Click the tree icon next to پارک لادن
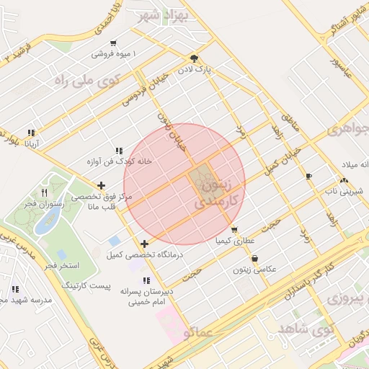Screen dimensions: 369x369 click(193, 58)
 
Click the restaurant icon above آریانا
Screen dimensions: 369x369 click(30, 133)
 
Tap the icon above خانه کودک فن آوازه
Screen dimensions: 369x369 click(118, 151)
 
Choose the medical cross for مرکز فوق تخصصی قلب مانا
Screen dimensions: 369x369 click(102, 185)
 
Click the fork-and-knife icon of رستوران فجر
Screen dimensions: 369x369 click(45, 193)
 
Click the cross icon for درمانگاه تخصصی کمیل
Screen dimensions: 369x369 click(146, 244)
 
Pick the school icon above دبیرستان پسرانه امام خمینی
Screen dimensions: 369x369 click(146, 280)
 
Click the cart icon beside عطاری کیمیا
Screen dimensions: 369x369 click(234, 230)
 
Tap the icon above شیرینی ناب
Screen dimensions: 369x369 click(344, 181)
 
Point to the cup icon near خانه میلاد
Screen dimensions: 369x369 click(309, 176)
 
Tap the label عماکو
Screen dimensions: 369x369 click(199, 332)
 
